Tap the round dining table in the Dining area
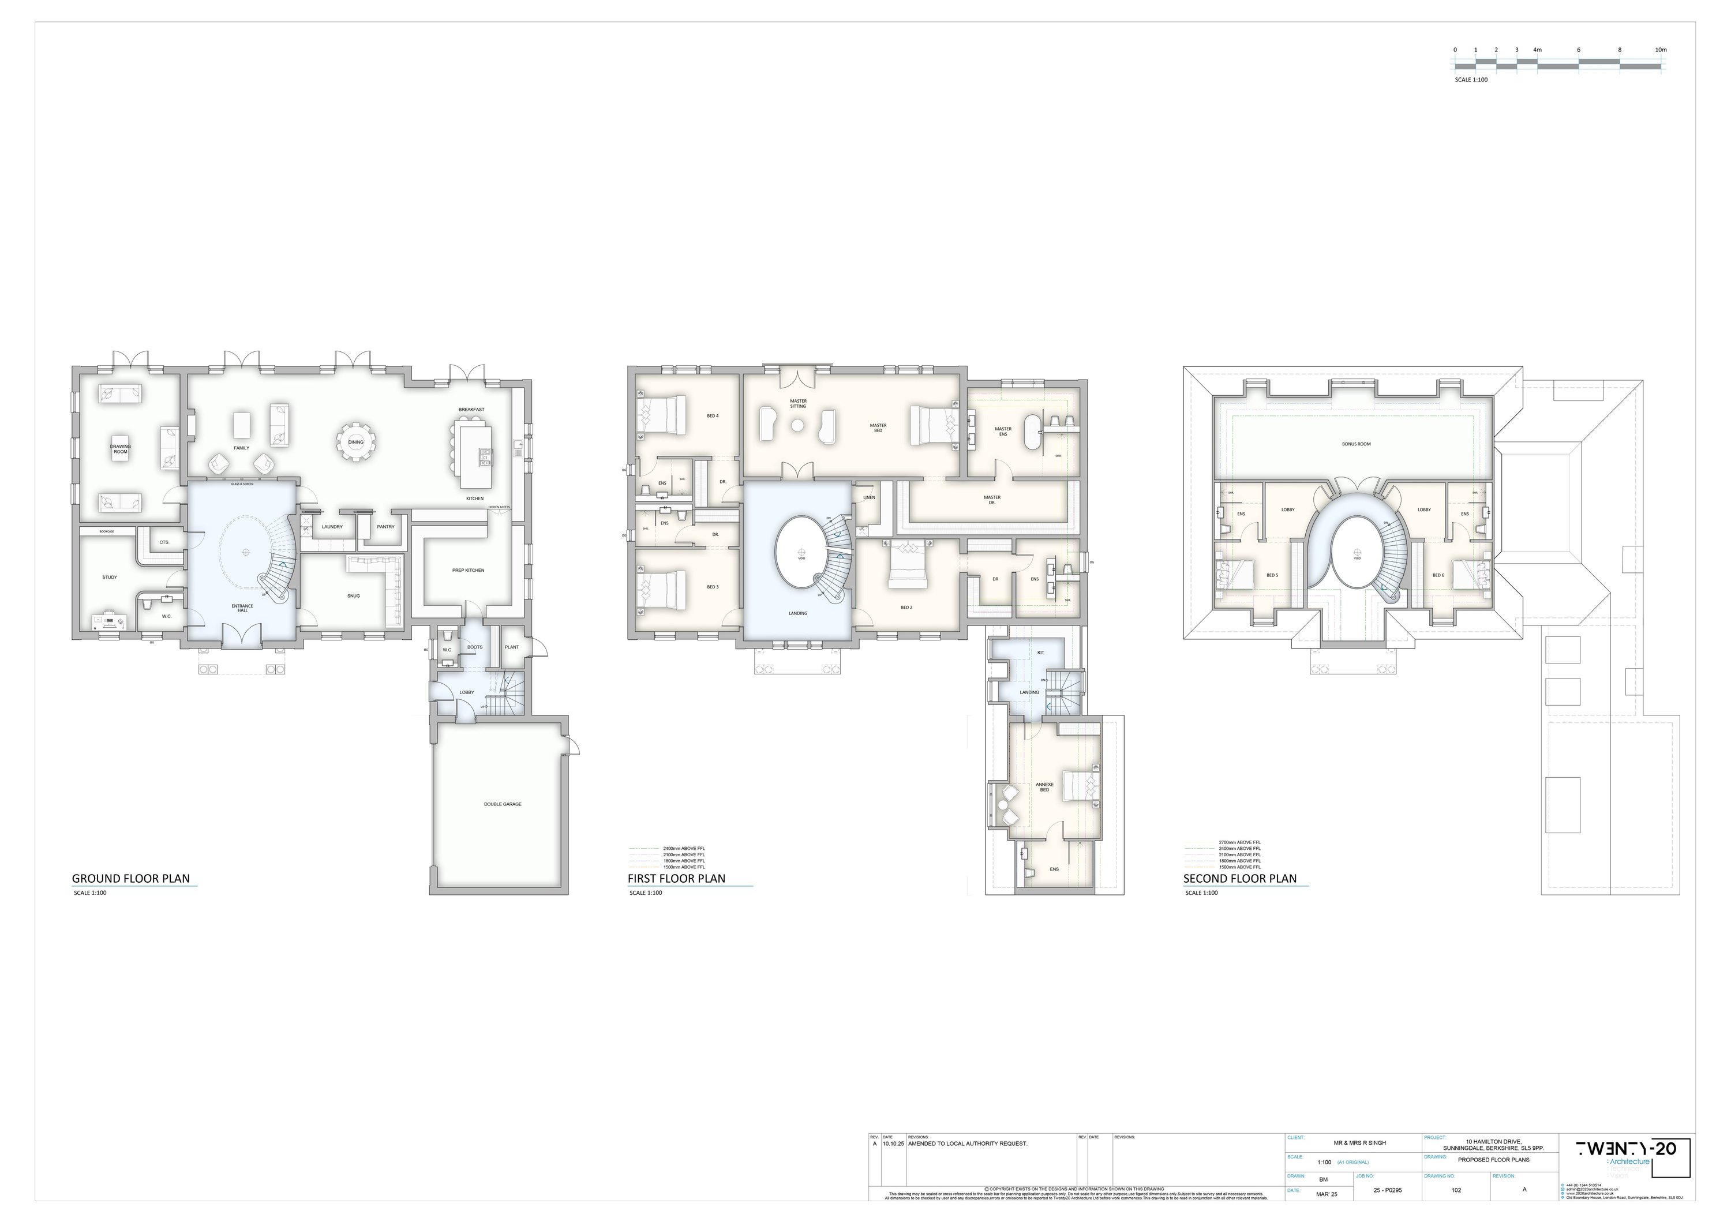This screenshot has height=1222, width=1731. tap(356, 443)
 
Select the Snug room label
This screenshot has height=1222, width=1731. tap(354, 595)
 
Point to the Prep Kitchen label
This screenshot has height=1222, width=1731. tap(468, 570)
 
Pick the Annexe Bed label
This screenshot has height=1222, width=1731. tap(1044, 787)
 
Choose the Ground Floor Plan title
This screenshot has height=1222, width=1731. tap(130, 878)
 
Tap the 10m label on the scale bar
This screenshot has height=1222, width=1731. tap(1655, 50)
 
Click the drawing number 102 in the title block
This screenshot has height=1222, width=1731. tap(1456, 1190)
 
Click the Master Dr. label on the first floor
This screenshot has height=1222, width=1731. tap(992, 499)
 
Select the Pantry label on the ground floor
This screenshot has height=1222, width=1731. tap(385, 527)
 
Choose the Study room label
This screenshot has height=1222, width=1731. tap(109, 578)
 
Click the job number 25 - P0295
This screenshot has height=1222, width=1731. tap(1387, 1190)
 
